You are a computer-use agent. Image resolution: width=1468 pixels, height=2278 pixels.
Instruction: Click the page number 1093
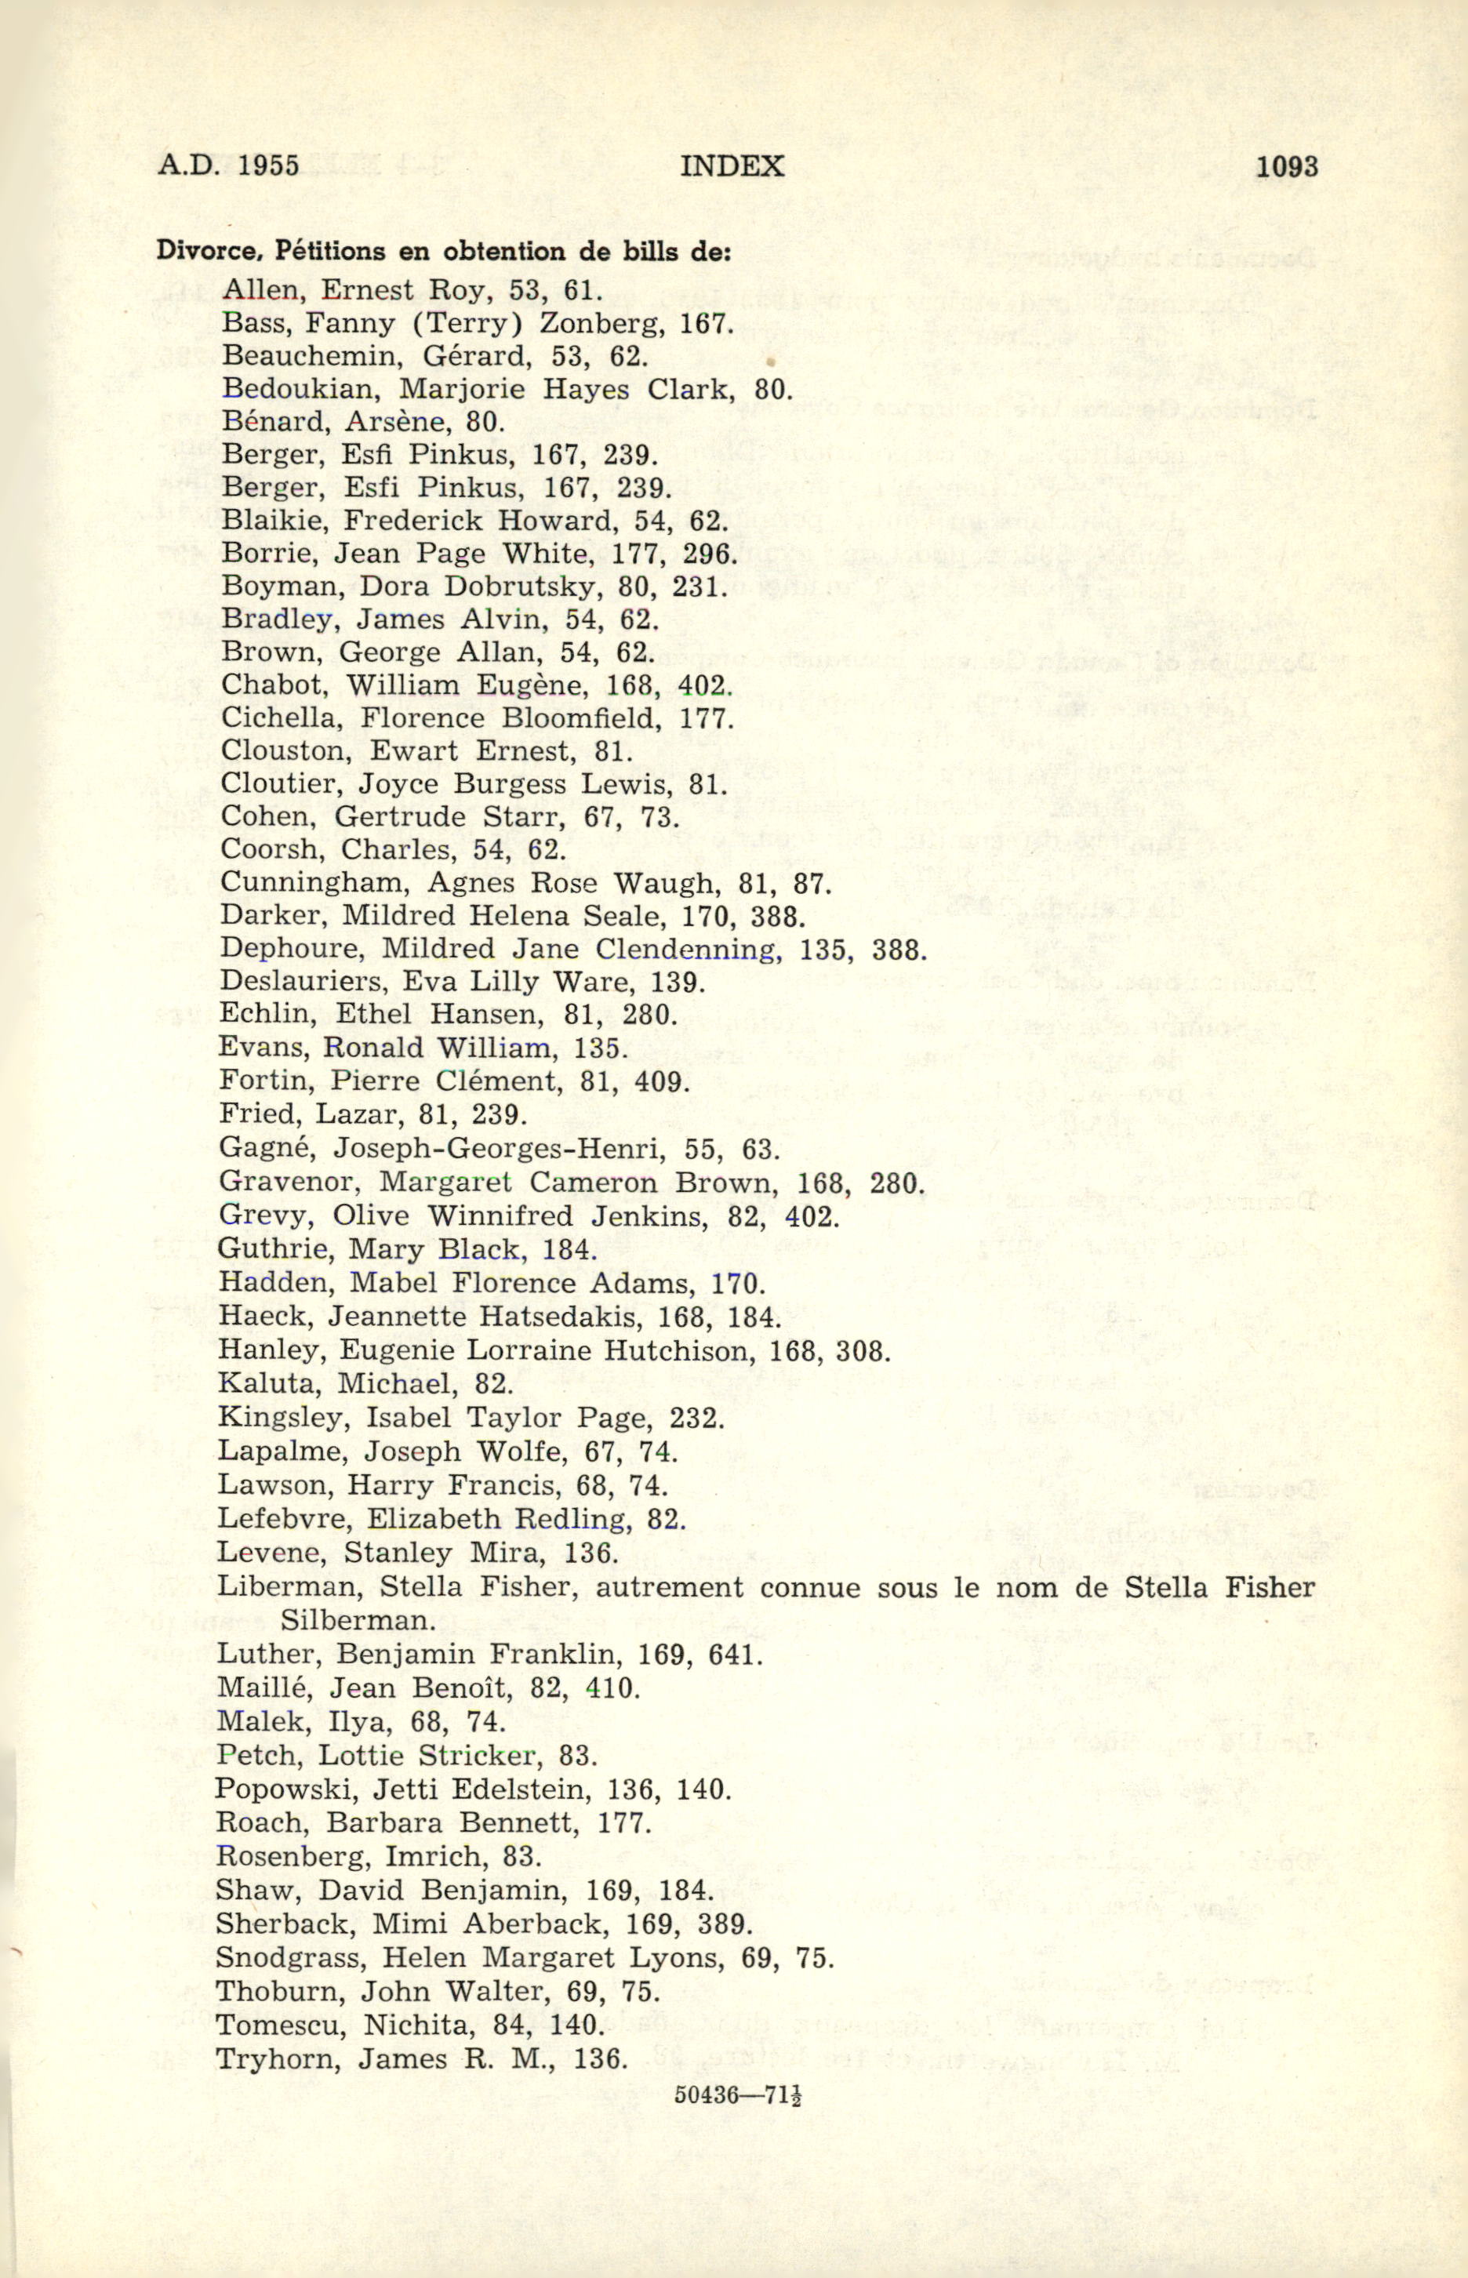[x=1287, y=167]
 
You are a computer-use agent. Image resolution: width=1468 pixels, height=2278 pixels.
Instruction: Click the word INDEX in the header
[x=732, y=167]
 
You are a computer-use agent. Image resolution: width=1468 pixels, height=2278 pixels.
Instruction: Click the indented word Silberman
[x=358, y=1620]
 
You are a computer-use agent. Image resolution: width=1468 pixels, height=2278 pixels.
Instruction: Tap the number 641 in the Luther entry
[x=735, y=1654]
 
